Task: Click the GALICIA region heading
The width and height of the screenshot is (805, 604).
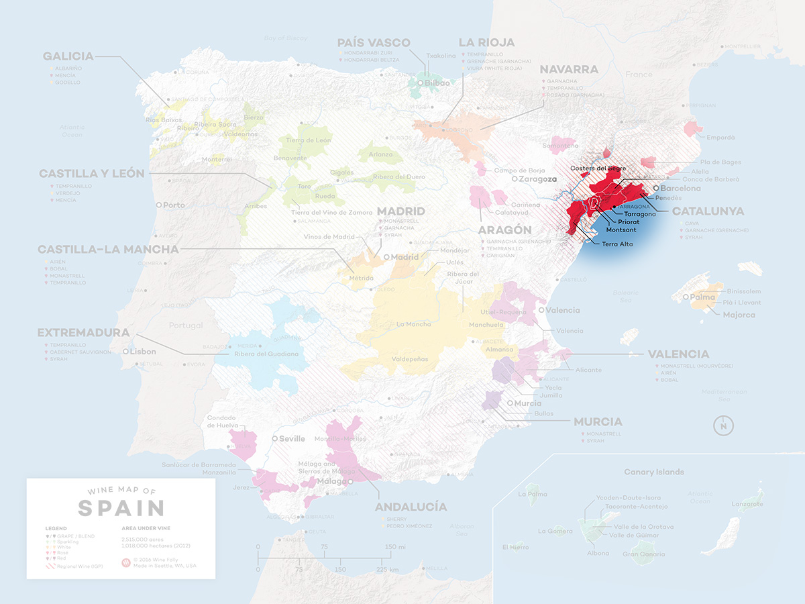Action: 68,56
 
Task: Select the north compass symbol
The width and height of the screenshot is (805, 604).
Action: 724,425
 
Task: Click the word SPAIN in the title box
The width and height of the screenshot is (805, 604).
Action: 121,508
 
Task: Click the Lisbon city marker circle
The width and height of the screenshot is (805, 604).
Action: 125,351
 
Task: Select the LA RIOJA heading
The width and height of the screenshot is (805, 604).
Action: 486,43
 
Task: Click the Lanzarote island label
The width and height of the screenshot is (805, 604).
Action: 746,503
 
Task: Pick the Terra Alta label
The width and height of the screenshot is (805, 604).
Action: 618,244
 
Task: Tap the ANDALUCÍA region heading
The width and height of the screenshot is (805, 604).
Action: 411,507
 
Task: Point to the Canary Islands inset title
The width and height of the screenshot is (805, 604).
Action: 653,472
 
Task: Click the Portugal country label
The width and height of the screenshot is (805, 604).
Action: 185,325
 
